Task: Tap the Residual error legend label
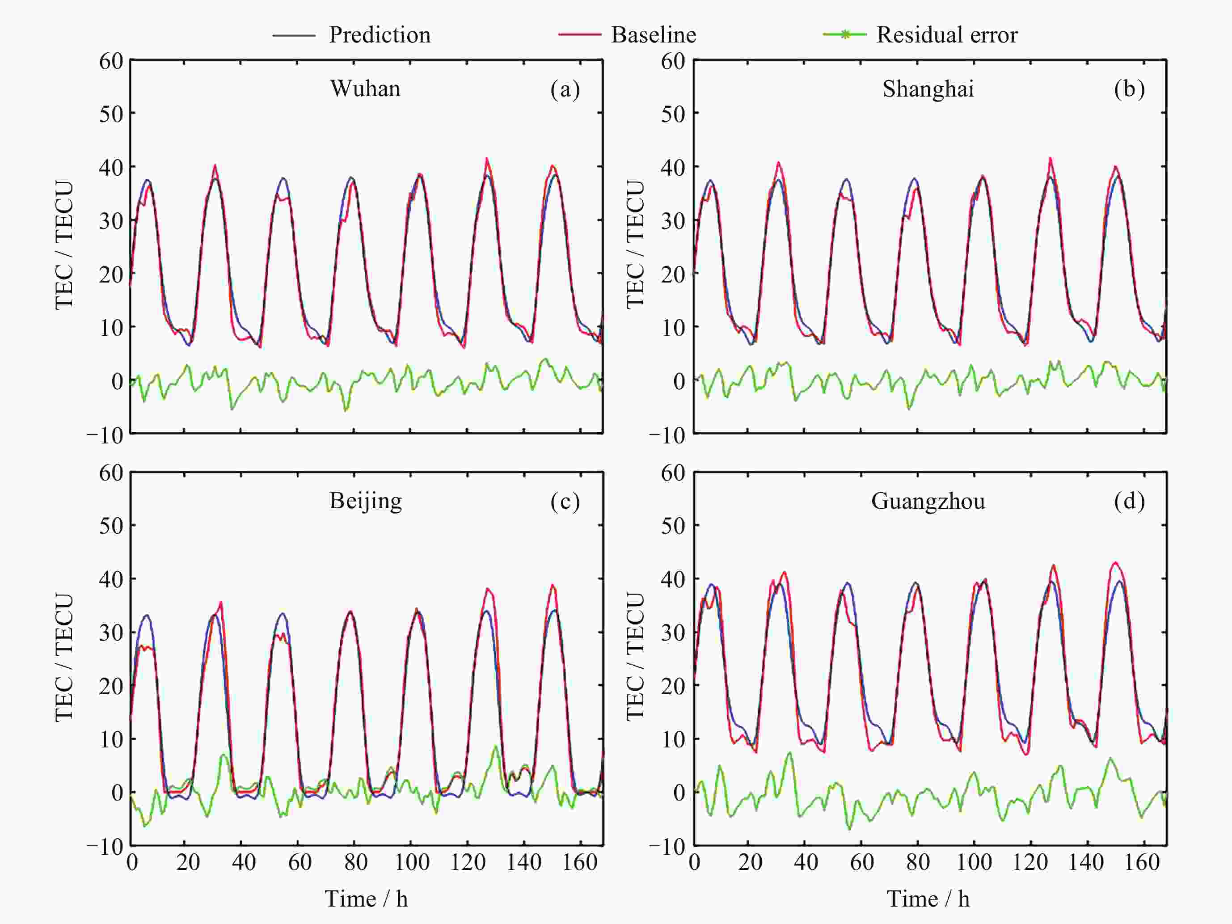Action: (x=947, y=35)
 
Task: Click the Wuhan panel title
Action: (x=365, y=89)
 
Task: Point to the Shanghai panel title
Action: (x=928, y=89)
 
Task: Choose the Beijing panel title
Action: (x=365, y=501)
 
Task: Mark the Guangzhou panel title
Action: (x=928, y=501)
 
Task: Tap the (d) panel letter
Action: (x=1129, y=501)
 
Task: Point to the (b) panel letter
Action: (x=1129, y=89)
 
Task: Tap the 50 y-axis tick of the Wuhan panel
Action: (x=111, y=114)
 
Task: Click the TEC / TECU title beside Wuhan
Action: (x=64, y=245)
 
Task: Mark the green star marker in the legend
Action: (x=844, y=34)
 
